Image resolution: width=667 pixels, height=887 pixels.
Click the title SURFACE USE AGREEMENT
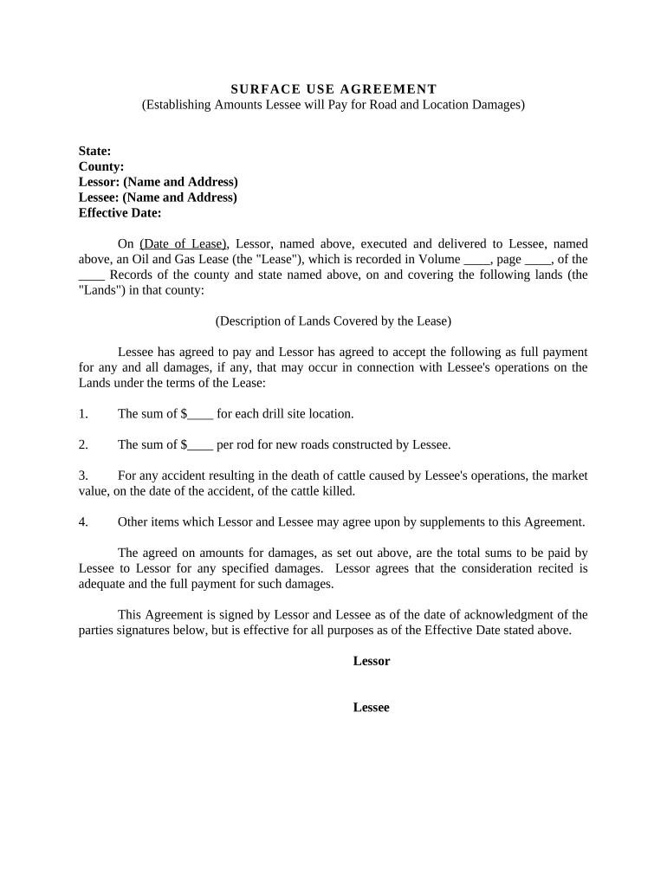333,89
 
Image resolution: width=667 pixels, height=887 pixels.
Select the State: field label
94,151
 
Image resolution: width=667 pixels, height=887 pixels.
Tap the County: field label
101,166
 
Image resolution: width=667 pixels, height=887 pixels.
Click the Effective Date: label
120,213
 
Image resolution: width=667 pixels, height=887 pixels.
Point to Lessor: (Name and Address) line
158,182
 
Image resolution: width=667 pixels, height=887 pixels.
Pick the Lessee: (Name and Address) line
158,197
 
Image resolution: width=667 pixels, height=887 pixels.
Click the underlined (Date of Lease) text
183,244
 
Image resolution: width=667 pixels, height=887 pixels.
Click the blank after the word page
537,260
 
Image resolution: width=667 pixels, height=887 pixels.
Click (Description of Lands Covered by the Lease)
333,320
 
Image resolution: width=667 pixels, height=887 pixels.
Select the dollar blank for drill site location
200,414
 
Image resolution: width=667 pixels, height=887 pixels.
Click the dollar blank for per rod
200,445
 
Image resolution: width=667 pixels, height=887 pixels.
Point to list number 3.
83,476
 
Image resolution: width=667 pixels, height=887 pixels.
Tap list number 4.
83,521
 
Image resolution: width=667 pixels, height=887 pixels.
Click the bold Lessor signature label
372,661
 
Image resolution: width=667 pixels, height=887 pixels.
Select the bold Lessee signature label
372,708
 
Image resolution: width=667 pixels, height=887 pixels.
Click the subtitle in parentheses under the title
333,105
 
